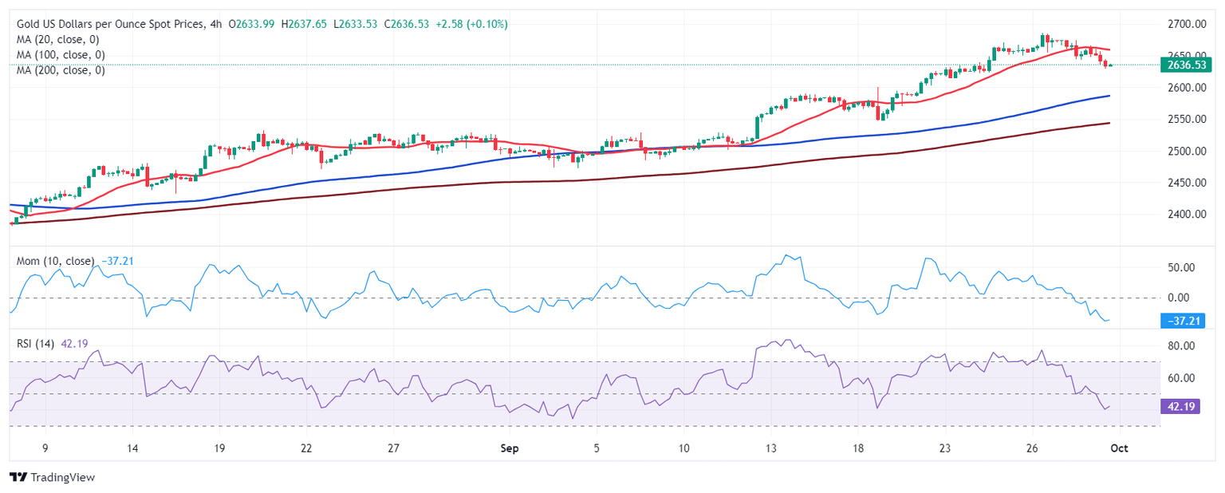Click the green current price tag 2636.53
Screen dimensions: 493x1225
[x=1184, y=65]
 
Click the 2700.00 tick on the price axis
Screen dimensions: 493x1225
[x=1184, y=24]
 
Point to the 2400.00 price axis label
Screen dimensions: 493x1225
[x=1184, y=214]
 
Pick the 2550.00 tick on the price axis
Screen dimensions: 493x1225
[x=1184, y=119]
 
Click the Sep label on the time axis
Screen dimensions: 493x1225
[x=510, y=448]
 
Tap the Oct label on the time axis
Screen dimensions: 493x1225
[x=1118, y=448]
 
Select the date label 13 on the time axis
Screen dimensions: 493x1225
[x=770, y=448]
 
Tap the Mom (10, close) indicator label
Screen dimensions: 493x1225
[x=56, y=261]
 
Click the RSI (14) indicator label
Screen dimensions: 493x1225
[x=36, y=344]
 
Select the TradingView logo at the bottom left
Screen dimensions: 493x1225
[x=53, y=477]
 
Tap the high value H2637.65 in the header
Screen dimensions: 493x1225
[x=305, y=24]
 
